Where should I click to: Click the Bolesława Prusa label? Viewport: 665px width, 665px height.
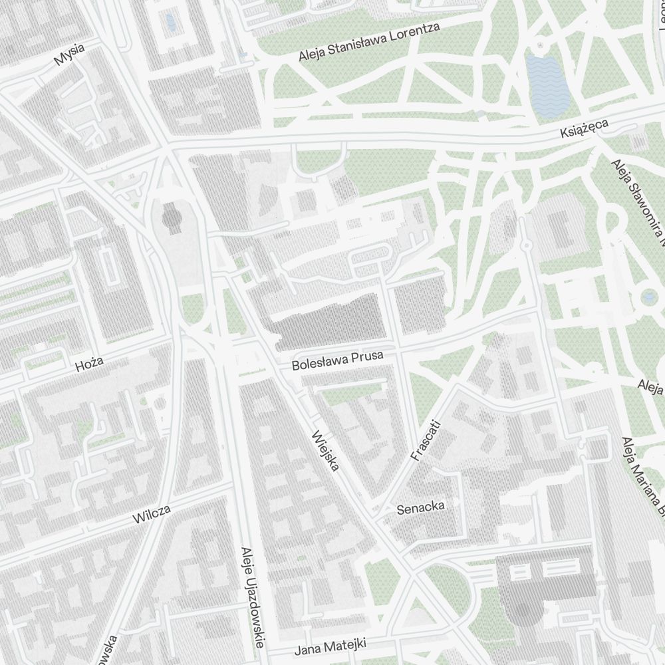(x=338, y=361)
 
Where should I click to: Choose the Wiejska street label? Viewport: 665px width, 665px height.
(x=325, y=450)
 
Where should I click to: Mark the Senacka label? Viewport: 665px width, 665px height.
(x=420, y=508)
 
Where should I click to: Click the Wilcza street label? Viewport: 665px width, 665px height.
(x=152, y=514)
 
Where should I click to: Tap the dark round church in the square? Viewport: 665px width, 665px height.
(x=172, y=217)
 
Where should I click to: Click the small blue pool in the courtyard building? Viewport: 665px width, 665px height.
(x=171, y=23)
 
